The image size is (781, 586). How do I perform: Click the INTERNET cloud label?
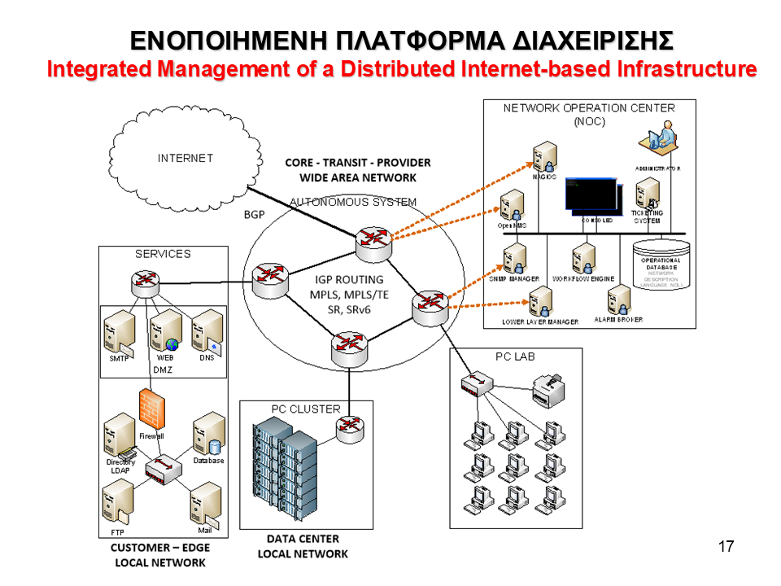pyautogui.click(x=185, y=158)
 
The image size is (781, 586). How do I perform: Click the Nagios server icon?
pyautogui.click(x=544, y=156)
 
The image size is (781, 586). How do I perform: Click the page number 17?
pyautogui.click(x=726, y=546)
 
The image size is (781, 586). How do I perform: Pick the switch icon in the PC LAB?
pyautogui.click(x=477, y=383)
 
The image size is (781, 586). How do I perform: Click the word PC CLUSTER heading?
pyautogui.click(x=306, y=409)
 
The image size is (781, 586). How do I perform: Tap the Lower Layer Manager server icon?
pyautogui.click(x=538, y=303)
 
